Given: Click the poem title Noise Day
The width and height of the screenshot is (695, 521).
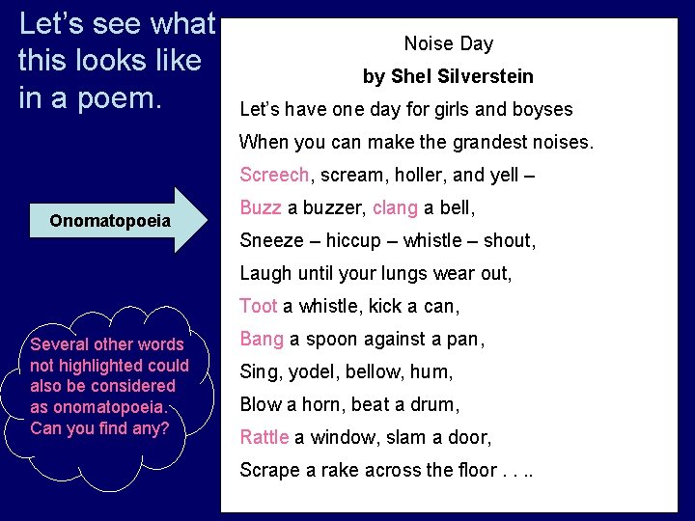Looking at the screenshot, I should coord(448,43).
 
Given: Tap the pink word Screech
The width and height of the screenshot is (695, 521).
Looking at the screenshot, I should coord(274,175).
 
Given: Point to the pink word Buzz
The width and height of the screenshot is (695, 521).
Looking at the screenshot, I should coord(260,207).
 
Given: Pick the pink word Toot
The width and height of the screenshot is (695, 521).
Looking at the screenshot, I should coord(258,306).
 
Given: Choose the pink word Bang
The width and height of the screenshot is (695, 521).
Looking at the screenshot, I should coord(261,339).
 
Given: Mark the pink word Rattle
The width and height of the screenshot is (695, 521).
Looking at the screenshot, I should coord(264,437).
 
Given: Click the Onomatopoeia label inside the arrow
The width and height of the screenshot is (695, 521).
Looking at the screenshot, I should coord(110,221).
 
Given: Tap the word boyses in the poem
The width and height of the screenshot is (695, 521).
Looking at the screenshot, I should coord(544,109).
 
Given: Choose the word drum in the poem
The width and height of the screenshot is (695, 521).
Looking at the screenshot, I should coord(438,404).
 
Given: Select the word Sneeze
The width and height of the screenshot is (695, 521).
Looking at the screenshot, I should coord(271,240).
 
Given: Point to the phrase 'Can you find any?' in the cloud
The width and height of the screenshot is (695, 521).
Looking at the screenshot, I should coord(99,427).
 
